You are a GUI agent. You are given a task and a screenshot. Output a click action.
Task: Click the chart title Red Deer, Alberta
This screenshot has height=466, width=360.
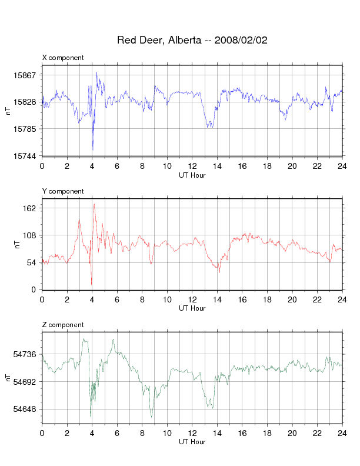pos(159,40)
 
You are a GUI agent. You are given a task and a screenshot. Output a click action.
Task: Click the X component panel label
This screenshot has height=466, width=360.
pos(63,58)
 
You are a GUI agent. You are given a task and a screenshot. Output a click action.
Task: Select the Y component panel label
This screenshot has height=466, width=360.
pos(63,191)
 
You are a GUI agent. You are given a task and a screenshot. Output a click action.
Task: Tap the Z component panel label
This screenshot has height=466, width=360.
pos(63,325)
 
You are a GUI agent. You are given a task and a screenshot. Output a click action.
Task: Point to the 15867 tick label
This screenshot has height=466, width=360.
pos(24,75)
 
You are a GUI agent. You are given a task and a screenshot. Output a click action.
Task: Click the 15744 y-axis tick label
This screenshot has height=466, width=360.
pos(24,156)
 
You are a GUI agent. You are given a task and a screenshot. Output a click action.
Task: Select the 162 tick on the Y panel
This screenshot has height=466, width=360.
pos(29,208)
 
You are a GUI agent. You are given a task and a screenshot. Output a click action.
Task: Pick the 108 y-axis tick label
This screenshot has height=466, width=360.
pos(29,236)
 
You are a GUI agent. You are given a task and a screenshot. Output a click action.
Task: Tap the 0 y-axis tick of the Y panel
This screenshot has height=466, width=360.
pos(34,289)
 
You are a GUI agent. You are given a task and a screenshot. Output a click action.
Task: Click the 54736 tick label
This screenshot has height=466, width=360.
pos(24,354)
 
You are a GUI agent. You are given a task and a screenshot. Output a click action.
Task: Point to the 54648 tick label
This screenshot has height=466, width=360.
pos(24,410)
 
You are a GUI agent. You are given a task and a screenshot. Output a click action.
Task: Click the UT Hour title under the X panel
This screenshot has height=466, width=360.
pos(192,175)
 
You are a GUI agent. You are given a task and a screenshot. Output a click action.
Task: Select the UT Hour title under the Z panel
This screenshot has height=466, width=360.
pos(192,442)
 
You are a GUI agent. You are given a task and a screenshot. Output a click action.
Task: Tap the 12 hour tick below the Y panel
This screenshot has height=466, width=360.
pos(192,299)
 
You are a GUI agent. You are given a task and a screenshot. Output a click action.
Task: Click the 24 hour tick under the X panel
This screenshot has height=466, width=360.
pos(342,166)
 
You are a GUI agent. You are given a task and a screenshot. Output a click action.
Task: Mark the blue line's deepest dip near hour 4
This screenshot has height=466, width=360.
pos(93,151)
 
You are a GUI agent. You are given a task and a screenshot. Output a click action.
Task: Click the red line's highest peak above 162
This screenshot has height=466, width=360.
pos(94,204)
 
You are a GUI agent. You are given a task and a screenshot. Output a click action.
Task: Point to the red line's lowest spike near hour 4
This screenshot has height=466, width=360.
pos(92,285)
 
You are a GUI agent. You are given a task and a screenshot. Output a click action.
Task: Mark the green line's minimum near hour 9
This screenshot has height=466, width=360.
pos(152,417)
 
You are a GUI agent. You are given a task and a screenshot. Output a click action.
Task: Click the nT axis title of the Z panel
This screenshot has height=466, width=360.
pos(8,378)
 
